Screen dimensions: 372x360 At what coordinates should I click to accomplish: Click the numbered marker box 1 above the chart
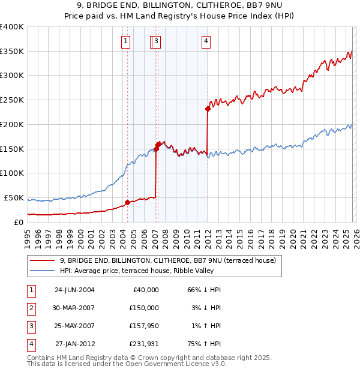pyautogui.click(x=125, y=41)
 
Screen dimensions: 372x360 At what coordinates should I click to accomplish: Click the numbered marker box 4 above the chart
pyautogui.click(x=206, y=41)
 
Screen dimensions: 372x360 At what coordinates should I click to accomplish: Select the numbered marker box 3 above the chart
pyautogui.click(x=156, y=41)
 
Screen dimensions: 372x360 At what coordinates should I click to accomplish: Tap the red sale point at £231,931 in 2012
pyautogui.click(x=208, y=109)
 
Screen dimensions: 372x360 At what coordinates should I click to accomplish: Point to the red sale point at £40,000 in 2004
pyautogui.click(x=127, y=202)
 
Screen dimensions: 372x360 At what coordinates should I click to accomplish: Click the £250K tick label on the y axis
pyautogui.click(x=11, y=100)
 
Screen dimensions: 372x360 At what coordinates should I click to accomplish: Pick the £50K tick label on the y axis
pyautogui.click(x=14, y=197)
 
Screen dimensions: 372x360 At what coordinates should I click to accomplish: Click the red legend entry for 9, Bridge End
pyautogui.click(x=167, y=260)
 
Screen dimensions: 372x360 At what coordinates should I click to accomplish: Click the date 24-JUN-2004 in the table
pyautogui.click(x=74, y=290)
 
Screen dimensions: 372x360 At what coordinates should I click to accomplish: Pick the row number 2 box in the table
pyautogui.click(x=30, y=308)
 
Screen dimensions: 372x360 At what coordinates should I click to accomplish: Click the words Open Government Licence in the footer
pyautogui.click(x=174, y=364)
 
